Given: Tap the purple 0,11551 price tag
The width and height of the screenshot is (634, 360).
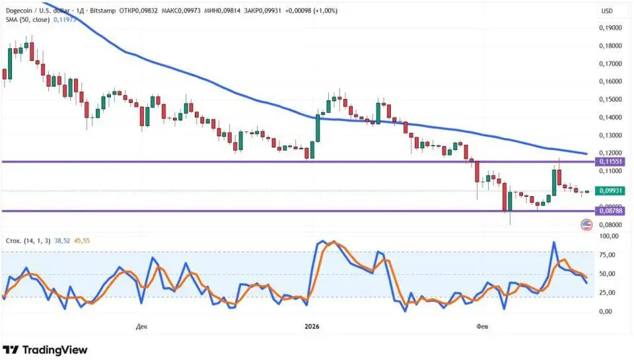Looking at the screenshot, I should coord(610,161).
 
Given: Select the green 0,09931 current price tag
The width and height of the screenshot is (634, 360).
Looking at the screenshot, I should coord(610,191).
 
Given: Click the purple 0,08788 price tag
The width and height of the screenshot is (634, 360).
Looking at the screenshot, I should coord(610,211).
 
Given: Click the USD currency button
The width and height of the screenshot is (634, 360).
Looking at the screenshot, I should coord(607,11).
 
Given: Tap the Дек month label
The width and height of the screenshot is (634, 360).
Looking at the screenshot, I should coord(141,326).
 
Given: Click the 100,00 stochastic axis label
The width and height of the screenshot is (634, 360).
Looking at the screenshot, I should coord(608,236).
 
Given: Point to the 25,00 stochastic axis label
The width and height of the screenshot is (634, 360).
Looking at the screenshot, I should coord(608,293).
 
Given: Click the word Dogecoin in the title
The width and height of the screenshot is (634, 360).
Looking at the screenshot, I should coord(20,10).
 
